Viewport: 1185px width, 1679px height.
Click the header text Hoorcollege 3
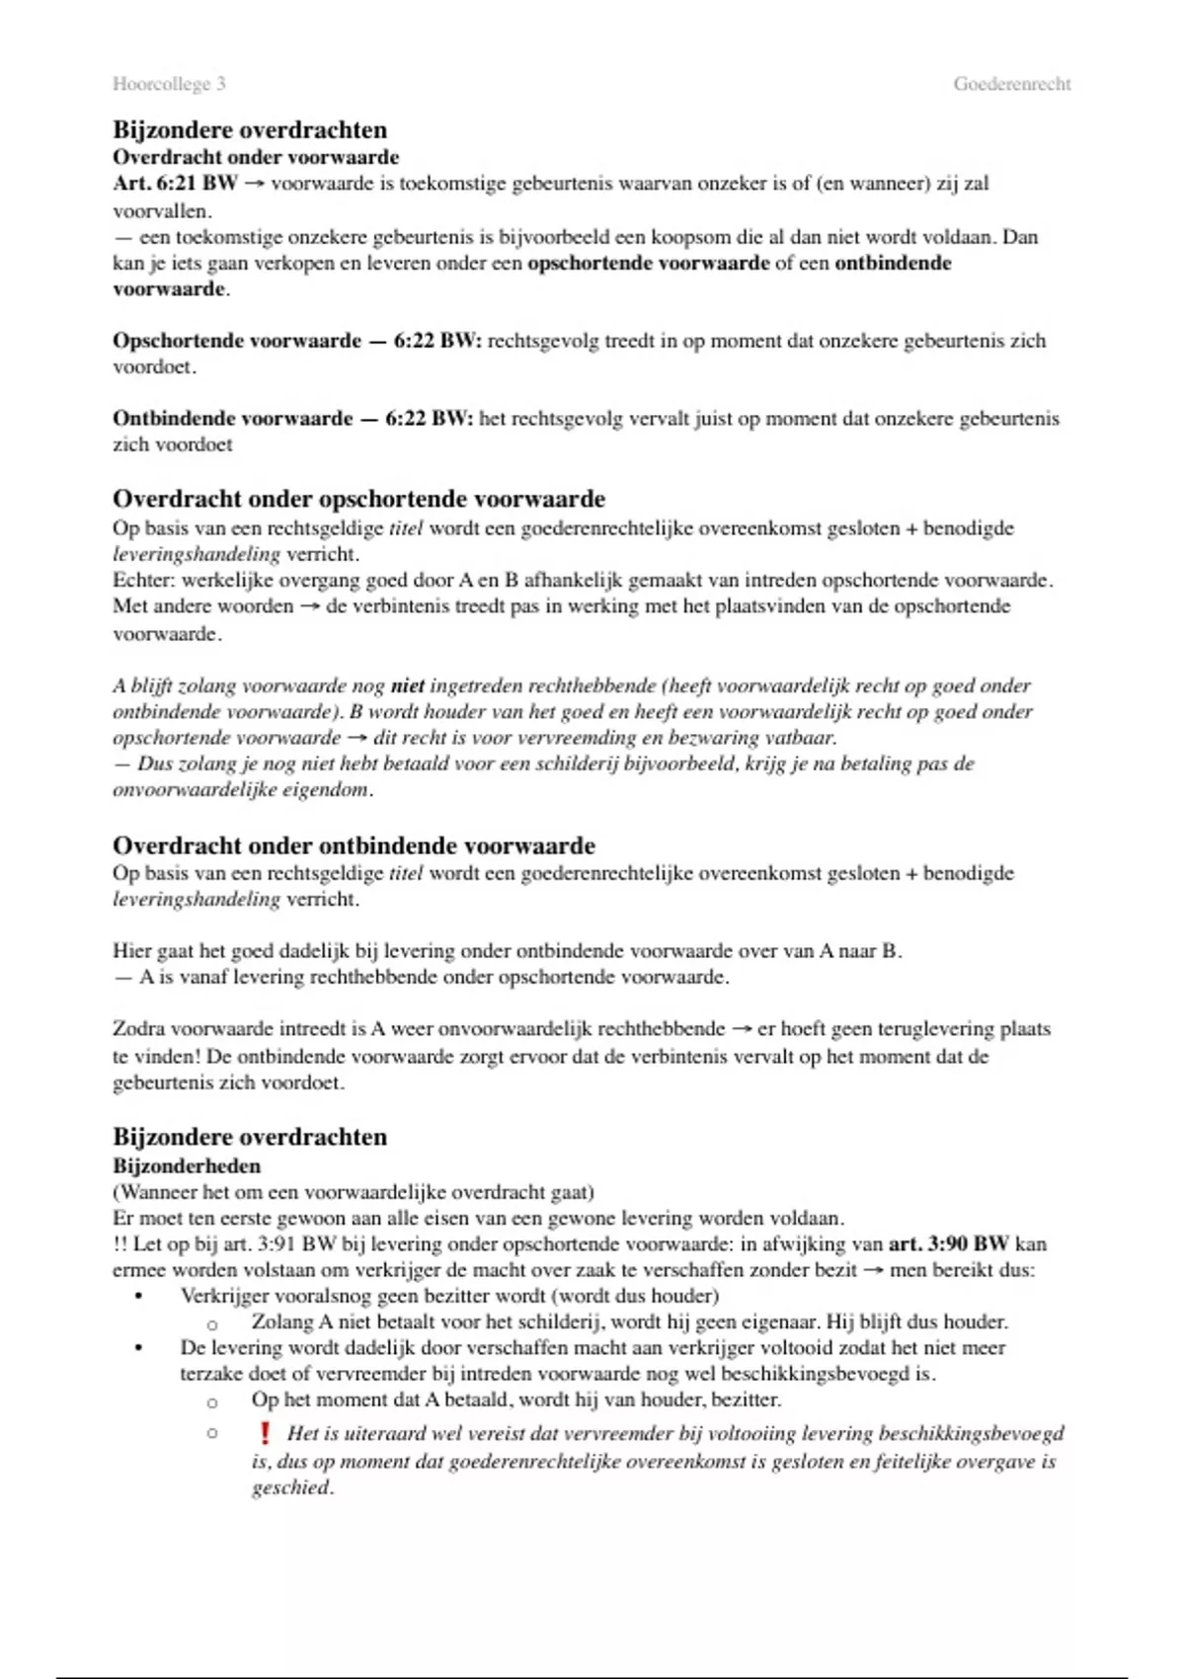point(169,84)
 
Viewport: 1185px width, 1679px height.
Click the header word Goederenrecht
point(1011,84)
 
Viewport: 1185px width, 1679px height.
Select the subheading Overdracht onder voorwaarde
point(256,157)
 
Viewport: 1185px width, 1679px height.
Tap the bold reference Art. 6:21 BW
point(175,184)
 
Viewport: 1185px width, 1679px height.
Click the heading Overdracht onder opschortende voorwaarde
point(358,499)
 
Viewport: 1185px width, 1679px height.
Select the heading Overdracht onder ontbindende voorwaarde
point(354,845)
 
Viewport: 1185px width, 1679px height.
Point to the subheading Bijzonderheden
point(187,1165)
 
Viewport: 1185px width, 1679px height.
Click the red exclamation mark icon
point(264,1432)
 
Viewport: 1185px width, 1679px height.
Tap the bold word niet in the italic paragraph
point(407,685)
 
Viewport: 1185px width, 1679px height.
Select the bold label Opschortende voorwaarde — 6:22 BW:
point(296,341)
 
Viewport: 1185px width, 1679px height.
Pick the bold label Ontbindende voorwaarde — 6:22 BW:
point(292,419)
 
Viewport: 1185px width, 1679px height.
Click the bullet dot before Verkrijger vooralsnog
point(139,1296)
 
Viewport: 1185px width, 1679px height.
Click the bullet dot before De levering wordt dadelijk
point(139,1348)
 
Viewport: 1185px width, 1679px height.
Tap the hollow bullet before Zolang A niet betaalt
point(211,1323)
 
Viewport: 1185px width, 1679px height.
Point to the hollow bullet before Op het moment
point(211,1401)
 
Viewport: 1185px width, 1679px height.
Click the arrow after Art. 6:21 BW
point(254,184)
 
